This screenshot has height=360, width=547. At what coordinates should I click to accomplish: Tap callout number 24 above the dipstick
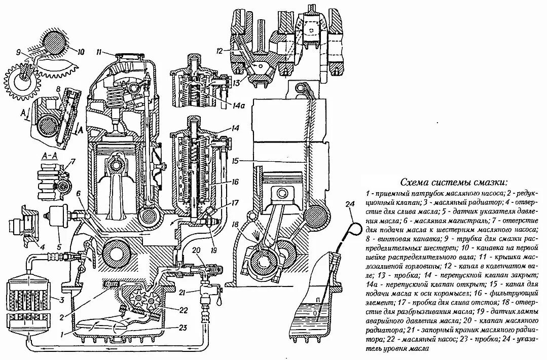point(349,204)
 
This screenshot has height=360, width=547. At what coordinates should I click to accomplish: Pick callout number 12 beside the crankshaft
point(219,51)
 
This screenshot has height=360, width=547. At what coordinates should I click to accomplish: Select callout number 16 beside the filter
point(235,181)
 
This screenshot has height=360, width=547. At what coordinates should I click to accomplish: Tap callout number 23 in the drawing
point(183,328)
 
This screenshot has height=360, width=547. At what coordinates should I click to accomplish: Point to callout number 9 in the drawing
point(18,51)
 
